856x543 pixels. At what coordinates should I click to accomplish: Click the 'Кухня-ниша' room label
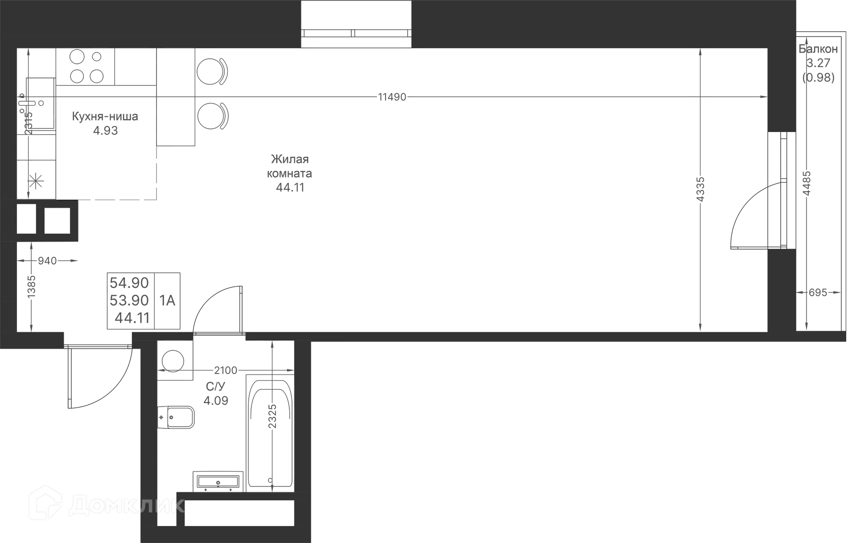pos(105,117)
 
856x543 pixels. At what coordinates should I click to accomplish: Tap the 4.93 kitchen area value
pos(105,131)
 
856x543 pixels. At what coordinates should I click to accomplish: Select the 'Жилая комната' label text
pos(290,166)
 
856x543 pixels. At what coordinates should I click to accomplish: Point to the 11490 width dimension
pos(392,97)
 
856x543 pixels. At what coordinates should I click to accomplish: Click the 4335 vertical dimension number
pos(700,189)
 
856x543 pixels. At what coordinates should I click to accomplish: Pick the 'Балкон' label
pos(818,49)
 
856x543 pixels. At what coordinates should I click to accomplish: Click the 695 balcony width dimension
pos(818,292)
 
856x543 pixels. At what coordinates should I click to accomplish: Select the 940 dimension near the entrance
pos(47,260)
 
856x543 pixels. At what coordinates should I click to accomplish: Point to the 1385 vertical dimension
pos(31,286)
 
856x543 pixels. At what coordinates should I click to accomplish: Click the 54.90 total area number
pos(129,283)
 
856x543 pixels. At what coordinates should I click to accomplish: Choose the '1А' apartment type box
pos(168,300)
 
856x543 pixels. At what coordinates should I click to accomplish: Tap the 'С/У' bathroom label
pos(215,386)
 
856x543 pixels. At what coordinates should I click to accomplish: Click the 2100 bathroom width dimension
pos(226,370)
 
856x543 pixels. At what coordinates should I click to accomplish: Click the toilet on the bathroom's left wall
pos(176,417)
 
